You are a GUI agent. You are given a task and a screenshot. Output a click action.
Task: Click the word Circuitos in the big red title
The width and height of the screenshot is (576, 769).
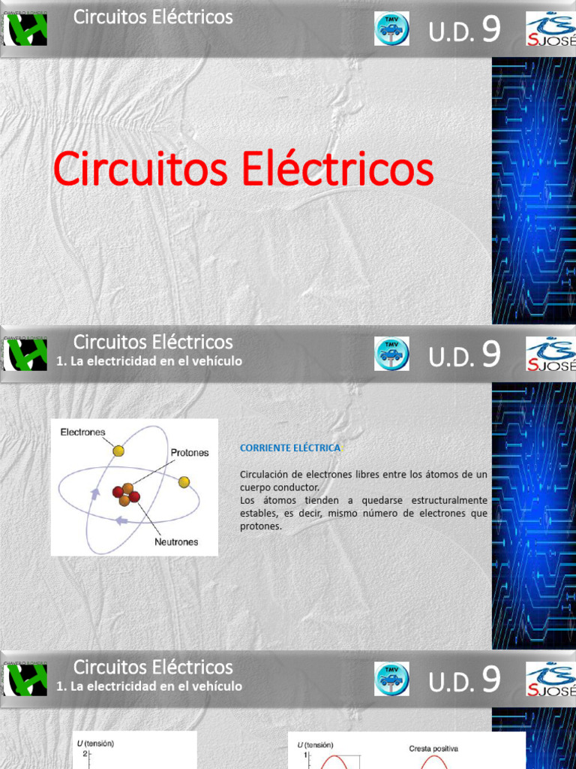point(140,169)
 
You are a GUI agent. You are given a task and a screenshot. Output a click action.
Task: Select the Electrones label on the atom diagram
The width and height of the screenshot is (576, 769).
point(82,432)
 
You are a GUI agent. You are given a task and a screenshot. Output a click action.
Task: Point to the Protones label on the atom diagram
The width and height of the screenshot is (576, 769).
point(190,453)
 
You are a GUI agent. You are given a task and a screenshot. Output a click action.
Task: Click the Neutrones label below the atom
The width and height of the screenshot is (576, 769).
point(176,541)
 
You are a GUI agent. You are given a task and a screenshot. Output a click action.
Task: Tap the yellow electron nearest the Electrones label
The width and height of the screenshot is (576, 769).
point(118,451)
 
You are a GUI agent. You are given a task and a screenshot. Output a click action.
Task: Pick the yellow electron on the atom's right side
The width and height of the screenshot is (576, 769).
point(184,481)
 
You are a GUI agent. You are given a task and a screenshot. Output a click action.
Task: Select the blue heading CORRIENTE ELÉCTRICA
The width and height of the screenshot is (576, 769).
point(289,448)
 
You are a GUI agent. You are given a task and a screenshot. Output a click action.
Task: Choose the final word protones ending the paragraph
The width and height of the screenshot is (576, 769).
point(259,526)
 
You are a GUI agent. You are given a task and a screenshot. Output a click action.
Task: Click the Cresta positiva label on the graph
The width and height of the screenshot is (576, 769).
point(433,748)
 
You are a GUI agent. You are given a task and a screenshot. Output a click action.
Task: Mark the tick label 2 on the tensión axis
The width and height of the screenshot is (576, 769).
point(85,753)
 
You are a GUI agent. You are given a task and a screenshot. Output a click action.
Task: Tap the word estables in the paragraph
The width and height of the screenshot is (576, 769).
point(257,514)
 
